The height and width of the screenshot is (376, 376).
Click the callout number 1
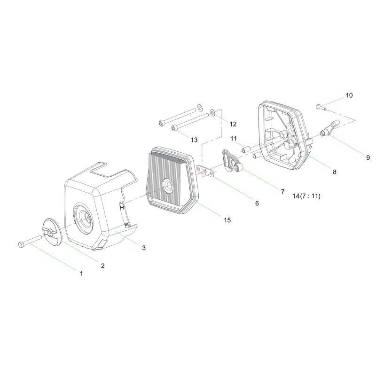[81, 274]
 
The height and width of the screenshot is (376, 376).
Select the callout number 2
[102, 266]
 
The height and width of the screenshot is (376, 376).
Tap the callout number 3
[144, 248]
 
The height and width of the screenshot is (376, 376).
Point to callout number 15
[227, 220]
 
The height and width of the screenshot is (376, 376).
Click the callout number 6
[257, 204]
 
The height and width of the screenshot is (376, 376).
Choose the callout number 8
[335, 172]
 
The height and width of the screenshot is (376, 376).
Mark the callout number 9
[368, 157]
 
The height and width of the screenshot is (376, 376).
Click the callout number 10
[349, 95]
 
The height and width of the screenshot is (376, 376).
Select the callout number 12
[233, 124]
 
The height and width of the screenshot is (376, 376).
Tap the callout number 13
[194, 140]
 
